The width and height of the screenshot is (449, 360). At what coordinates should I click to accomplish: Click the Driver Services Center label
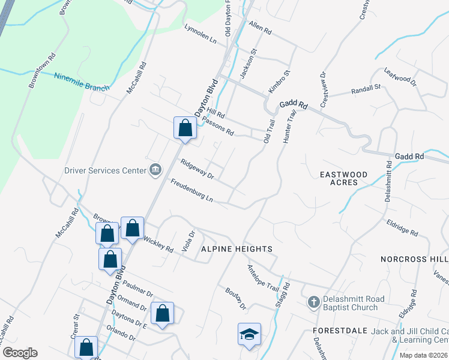(106, 170)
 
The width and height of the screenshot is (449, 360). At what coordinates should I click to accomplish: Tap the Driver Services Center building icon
(155, 170)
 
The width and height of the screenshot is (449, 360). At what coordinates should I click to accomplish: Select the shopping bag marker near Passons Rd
(185, 128)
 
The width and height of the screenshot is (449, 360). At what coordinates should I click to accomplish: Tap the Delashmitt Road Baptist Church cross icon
(313, 302)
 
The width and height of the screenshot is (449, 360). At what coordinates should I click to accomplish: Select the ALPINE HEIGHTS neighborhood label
(237, 248)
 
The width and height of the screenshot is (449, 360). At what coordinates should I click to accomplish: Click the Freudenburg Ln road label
(192, 190)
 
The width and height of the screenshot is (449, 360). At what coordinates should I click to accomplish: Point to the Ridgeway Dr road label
(197, 169)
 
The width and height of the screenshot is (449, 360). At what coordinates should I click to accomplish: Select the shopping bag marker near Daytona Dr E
(162, 314)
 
